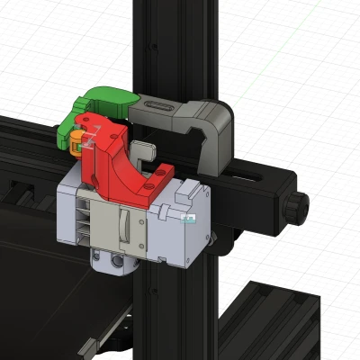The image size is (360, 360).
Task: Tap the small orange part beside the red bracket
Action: (x=78, y=137)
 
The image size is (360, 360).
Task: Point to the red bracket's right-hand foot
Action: (x=165, y=170)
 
